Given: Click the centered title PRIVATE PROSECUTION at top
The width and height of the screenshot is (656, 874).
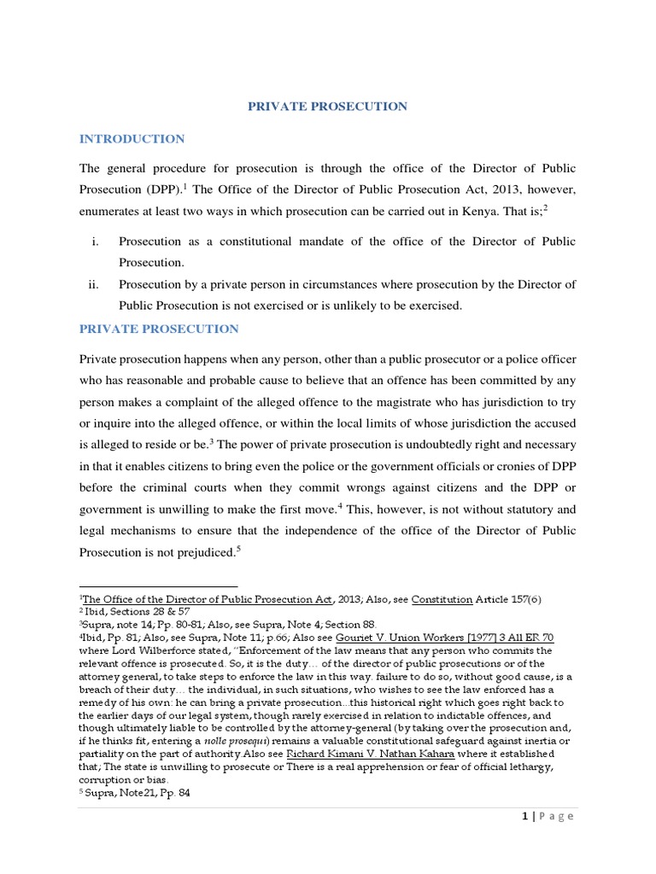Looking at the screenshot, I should (x=328, y=107).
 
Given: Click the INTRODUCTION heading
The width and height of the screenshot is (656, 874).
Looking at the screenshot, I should (x=132, y=139).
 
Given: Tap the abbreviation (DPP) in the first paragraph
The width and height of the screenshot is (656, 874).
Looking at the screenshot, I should (x=158, y=188).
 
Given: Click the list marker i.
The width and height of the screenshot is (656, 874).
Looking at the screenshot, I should (x=94, y=242).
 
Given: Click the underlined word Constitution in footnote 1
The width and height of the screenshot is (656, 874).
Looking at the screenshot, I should (x=442, y=599).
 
